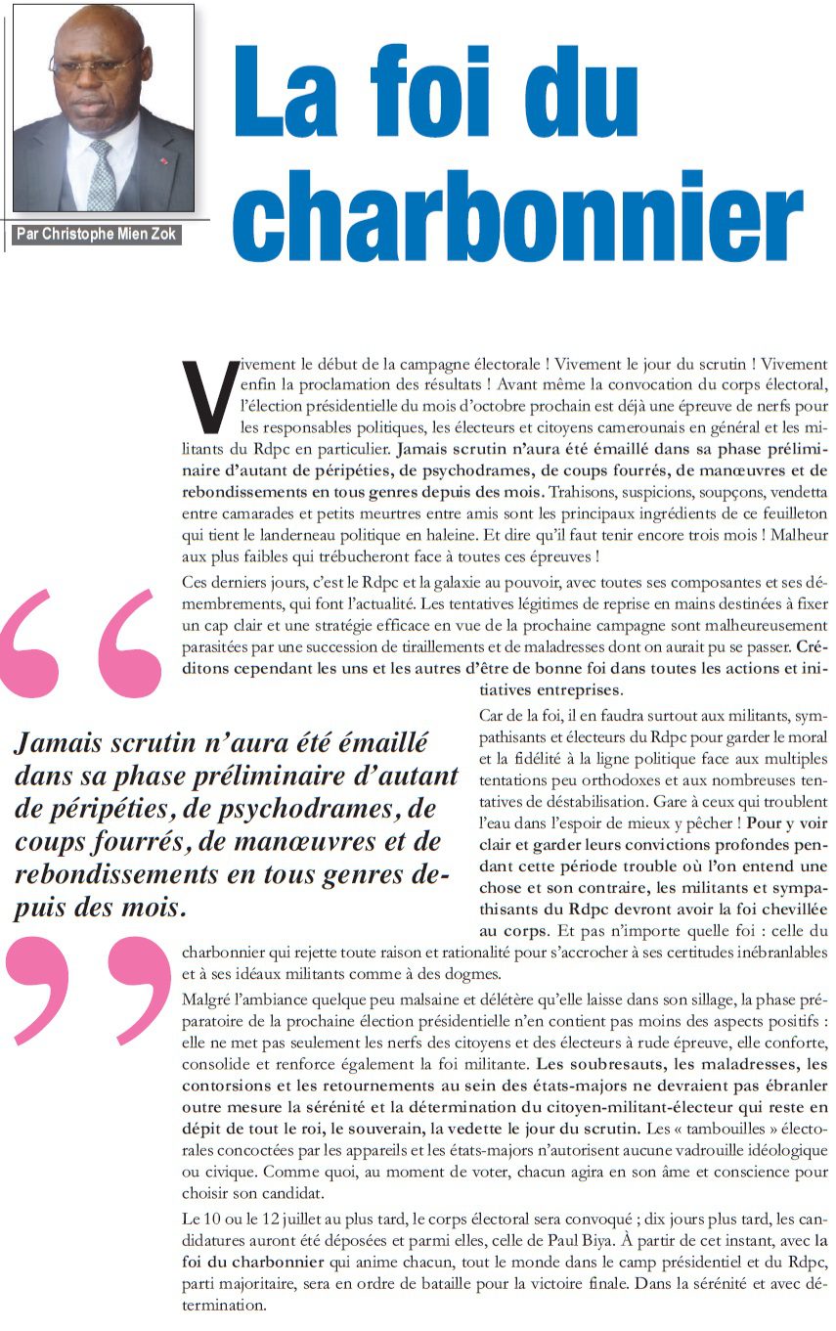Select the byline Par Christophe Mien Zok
pos(96,235)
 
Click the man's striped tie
pos(101,176)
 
